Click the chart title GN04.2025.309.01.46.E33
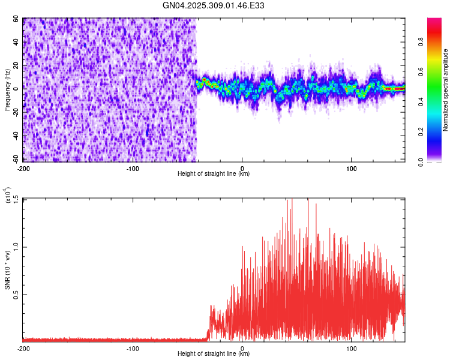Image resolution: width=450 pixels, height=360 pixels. click(214, 6)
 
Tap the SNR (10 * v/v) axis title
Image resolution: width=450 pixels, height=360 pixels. click(8, 270)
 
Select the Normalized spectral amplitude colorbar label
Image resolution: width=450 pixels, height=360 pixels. click(446, 90)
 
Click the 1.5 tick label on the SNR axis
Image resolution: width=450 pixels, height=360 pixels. click(17, 199)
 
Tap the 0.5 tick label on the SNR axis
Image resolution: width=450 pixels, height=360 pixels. click(17, 294)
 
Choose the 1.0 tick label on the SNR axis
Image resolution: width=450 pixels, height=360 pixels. click(17, 247)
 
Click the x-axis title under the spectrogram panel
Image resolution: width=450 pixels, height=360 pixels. click(214, 174)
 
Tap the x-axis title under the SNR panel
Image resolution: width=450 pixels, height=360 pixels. click(214, 354)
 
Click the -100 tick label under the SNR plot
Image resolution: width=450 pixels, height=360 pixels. click(133, 348)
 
